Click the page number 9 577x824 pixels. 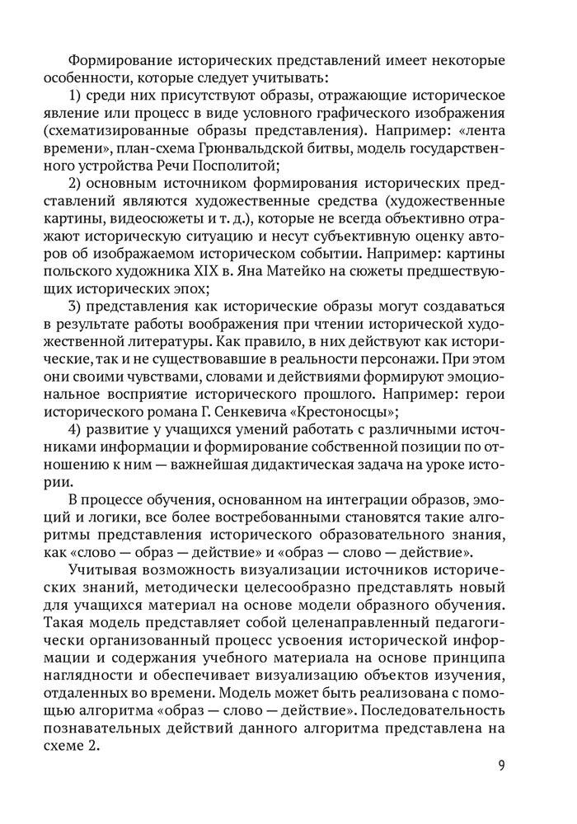(x=502, y=765)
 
